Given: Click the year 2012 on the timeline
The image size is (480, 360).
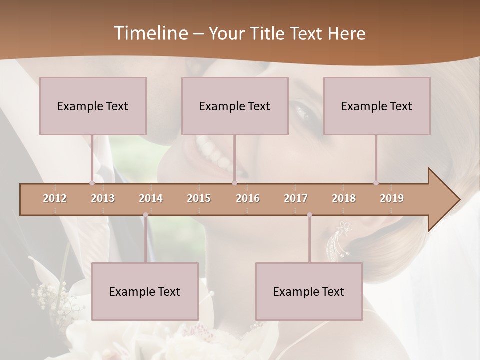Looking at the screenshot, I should [x=55, y=198].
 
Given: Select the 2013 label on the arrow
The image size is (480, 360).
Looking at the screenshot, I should [x=103, y=198].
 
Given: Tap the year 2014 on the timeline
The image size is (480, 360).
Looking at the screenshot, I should [x=151, y=198].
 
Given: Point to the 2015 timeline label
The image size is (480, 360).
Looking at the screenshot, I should [x=199, y=198].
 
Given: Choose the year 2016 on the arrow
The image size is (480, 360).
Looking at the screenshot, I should [x=248, y=198].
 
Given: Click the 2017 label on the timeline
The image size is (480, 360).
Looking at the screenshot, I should [x=296, y=198].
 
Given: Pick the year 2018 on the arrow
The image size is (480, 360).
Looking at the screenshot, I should [x=344, y=198].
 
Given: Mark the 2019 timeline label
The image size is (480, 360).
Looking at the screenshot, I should [x=392, y=198].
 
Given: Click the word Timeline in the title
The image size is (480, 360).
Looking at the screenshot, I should [x=150, y=33].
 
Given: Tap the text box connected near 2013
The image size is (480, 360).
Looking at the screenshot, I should [x=93, y=106].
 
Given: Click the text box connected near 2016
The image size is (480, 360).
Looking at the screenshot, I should [x=235, y=106].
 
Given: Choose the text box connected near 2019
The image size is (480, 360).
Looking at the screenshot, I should [x=377, y=106].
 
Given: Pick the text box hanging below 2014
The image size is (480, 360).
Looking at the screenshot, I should [x=145, y=291].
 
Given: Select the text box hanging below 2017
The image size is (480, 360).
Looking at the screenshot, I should [x=309, y=291].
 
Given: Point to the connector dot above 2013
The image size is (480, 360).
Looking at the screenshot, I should [x=92, y=183].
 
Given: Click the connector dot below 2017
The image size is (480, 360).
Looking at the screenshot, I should [x=309, y=215].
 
